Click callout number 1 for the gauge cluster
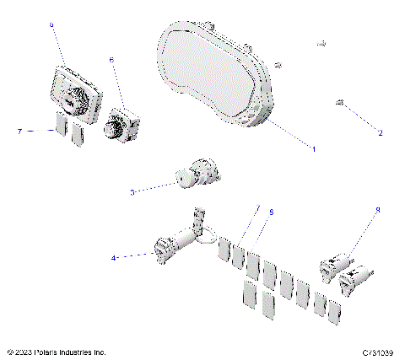pyautogui.click(x=314, y=149)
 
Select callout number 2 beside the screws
pyautogui.click(x=380, y=133)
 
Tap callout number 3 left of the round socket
pyautogui.click(x=132, y=193)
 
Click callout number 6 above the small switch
pyautogui.click(x=112, y=61)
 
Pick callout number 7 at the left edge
pyautogui.click(x=19, y=132)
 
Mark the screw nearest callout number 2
pyautogui.click(x=339, y=103)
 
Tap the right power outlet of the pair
pyautogui.click(x=355, y=277)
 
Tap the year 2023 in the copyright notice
pyautogui.click(x=19, y=351)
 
